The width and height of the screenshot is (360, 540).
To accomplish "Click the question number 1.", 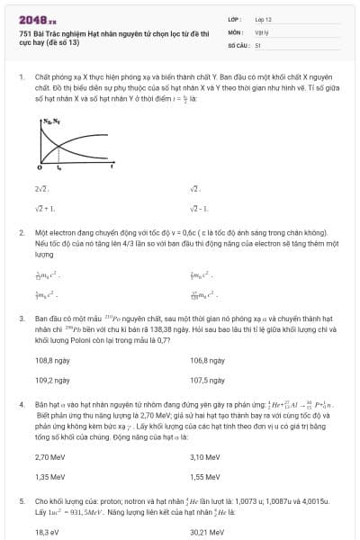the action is [x=21, y=77].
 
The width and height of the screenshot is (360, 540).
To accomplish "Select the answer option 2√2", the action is [x=40, y=189].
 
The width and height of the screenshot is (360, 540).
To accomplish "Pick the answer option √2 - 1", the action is [x=200, y=207].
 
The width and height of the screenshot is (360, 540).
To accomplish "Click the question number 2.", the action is [x=21, y=232].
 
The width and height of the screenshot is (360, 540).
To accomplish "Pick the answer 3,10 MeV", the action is [x=204, y=457].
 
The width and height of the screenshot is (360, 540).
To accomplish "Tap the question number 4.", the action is [x=21, y=405].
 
